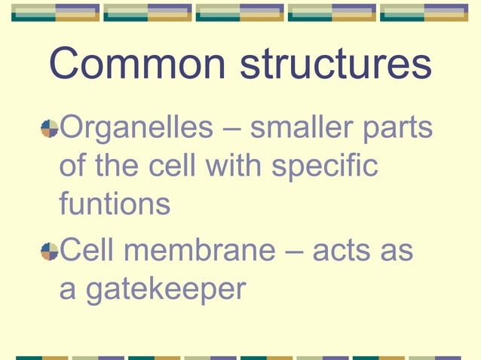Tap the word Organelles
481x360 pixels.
tap(136, 129)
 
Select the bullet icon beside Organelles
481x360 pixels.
tap(50, 129)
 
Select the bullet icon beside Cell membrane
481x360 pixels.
tap(50, 251)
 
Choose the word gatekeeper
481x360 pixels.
tap(165, 290)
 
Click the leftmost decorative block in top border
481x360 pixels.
tap(54, 12)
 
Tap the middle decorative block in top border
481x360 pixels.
tap(239, 12)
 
